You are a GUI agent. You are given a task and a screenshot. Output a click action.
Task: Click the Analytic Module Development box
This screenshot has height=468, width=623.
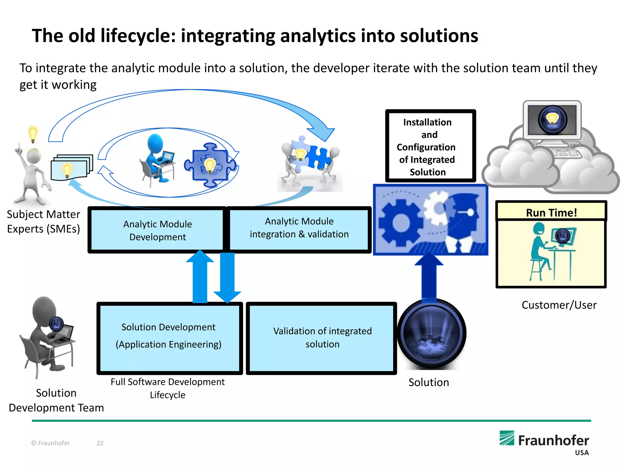coord(157,230)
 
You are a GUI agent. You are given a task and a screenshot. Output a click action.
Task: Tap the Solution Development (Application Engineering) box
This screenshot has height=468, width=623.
coord(169,338)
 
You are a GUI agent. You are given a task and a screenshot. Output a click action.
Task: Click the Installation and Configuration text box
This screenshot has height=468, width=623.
coord(430,146)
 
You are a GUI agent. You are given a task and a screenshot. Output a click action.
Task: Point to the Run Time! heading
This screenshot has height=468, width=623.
coord(551,212)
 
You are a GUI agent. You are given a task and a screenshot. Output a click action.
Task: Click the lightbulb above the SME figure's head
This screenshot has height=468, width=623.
coord(33,134)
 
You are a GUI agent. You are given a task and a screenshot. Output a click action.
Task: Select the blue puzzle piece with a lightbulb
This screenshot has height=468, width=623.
coord(210,165)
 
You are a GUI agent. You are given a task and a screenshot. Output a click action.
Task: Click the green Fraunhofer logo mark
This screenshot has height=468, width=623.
coord(507,438)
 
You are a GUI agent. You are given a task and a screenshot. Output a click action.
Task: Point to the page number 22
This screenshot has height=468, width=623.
coord(100,443)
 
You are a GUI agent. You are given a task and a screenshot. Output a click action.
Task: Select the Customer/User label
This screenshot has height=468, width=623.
coord(559,305)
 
